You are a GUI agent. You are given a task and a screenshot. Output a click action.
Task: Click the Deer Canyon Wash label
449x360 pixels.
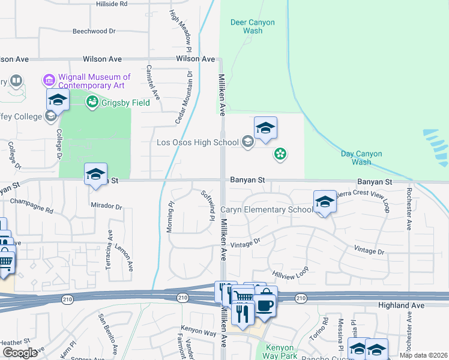point(253,26)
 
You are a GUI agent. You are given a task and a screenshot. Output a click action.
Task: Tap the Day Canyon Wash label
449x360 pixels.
point(361,158)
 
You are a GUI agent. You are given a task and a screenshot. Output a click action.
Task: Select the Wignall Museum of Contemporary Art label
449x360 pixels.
point(94,82)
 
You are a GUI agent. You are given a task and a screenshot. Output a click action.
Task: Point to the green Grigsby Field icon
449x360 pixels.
point(92,102)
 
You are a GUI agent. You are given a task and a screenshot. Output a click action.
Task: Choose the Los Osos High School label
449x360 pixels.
point(197,142)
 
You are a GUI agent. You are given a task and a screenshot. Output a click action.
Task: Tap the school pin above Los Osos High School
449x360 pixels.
point(265,128)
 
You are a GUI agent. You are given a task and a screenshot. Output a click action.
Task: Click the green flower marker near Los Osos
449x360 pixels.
point(279,155)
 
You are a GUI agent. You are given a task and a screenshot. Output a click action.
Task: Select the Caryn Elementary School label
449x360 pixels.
point(266,210)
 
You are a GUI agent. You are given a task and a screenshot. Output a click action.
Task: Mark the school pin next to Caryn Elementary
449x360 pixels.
point(324,202)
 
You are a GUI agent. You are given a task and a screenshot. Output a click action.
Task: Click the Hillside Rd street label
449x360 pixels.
point(112,4)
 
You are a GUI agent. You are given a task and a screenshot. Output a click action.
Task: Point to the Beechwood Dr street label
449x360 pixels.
point(94,31)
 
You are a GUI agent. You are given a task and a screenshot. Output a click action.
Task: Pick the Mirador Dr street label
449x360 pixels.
point(106,206)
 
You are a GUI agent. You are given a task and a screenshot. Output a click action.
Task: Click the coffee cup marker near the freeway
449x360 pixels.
point(265,305)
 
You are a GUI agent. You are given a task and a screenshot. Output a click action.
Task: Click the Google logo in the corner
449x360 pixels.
point(20,352)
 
